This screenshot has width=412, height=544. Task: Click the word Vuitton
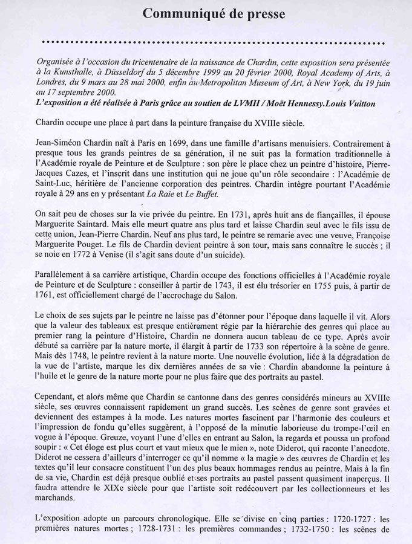tap(358, 104)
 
